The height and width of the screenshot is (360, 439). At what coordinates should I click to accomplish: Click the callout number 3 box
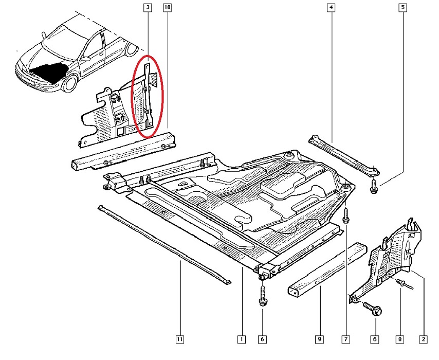coord(148,8)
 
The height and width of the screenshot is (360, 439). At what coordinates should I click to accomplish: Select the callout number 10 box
coord(168,8)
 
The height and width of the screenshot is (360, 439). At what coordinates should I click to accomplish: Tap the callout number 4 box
coord(330,8)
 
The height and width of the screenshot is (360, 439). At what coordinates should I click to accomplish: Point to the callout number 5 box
coord(403,8)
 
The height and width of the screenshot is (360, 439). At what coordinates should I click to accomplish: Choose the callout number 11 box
coord(180,339)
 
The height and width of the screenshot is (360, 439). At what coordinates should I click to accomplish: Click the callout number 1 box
coord(241,339)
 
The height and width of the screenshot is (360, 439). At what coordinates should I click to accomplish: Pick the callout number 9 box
coord(319,339)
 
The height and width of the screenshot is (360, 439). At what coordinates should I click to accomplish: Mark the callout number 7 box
coord(346,339)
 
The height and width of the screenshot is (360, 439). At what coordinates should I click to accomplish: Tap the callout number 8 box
coord(400,339)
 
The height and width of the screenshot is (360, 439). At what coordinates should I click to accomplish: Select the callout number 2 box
coord(423,339)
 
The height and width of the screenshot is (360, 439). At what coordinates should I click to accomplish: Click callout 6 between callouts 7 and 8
coord(374,339)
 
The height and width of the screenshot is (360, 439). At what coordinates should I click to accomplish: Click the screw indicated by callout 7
coord(345,215)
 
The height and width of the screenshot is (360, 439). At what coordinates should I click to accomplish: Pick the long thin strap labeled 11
coord(164,244)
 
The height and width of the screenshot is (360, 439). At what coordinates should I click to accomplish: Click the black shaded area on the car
coord(47,68)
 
